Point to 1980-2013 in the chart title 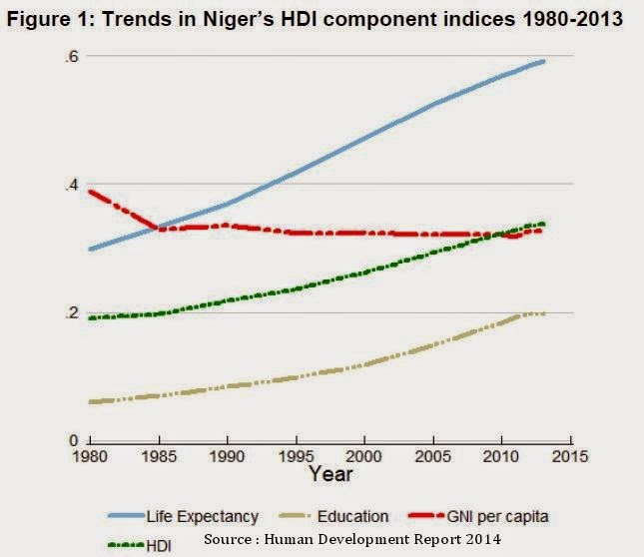[x=562, y=21]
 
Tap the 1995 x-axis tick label [x=296, y=456]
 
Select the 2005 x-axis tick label [x=432, y=456]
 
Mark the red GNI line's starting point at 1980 [x=91, y=191]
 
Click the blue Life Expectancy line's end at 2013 [x=543, y=61]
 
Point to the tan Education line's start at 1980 [x=91, y=401]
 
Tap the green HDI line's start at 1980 [x=91, y=318]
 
